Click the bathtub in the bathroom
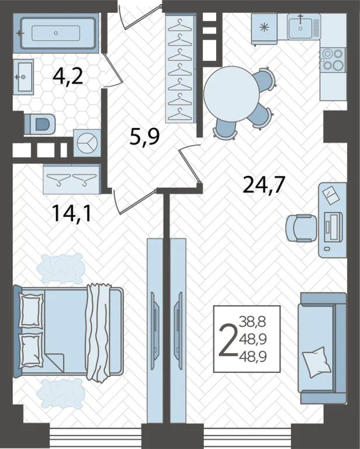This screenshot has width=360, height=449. [57, 33]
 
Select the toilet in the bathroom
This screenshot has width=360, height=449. [41, 123]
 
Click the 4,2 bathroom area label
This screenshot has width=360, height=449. [68, 78]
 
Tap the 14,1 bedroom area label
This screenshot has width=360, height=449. [71, 213]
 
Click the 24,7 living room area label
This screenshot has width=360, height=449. [264, 184]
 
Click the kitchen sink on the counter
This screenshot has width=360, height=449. [303, 27]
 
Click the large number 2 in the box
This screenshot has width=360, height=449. [228, 339]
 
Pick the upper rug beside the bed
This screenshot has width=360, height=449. [61, 268]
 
